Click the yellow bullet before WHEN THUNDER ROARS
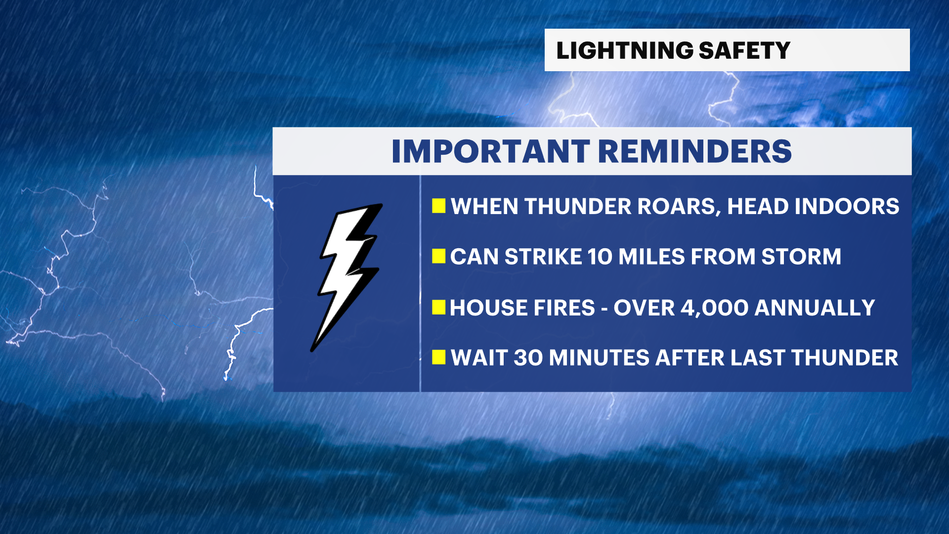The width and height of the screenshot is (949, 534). [x=438, y=206]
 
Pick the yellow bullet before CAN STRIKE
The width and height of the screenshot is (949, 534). [x=438, y=256]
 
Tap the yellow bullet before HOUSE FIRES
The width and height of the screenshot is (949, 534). [x=438, y=307]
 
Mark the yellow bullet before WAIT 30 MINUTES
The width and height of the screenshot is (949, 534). [x=438, y=357]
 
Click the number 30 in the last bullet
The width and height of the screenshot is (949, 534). [x=528, y=358]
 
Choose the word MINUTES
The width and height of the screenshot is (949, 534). [x=599, y=358]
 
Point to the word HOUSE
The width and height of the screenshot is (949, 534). [x=488, y=308]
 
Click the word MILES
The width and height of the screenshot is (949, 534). [x=651, y=257]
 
